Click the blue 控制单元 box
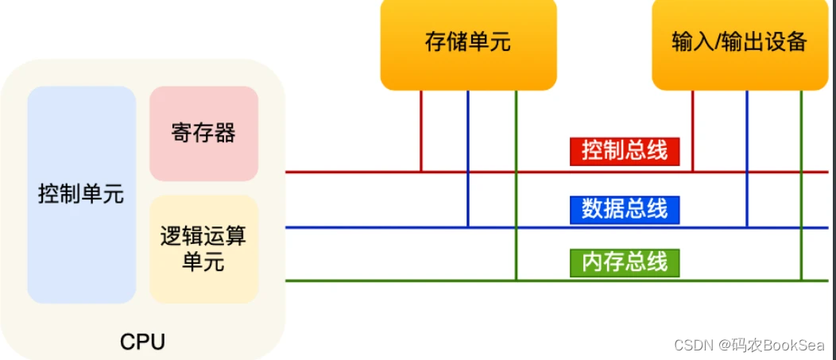82,195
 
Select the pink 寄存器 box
203,134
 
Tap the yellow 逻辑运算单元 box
203,249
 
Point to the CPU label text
143,342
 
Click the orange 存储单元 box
468,42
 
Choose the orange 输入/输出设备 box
739,42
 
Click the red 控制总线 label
625,150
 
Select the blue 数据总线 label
625,209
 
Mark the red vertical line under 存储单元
421,131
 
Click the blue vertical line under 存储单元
468,159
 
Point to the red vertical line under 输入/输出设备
693,131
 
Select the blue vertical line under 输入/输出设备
747,159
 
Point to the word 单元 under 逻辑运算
203,261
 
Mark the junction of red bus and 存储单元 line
421,172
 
